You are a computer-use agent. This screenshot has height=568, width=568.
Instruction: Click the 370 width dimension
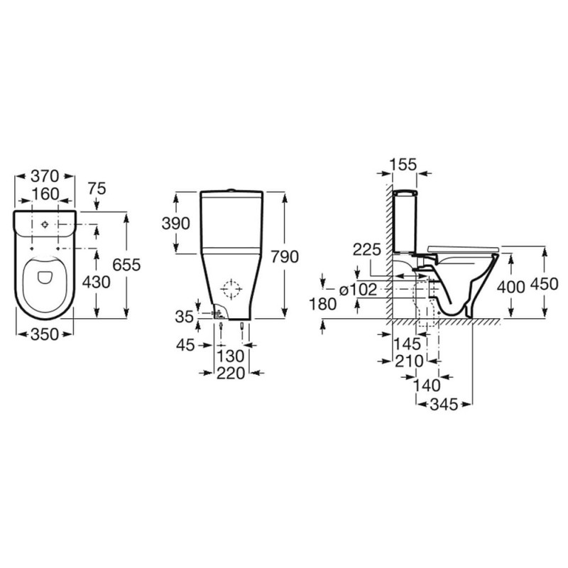pyautogui.click(x=45, y=176)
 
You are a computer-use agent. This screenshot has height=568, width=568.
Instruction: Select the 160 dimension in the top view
pyautogui.click(x=45, y=195)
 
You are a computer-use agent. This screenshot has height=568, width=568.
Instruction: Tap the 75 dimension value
pyautogui.click(x=97, y=189)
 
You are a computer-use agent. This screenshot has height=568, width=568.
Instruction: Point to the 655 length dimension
pyautogui.click(x=126, y=265)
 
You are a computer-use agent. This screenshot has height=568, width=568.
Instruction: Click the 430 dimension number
pyautogui.click(x=96, y=281)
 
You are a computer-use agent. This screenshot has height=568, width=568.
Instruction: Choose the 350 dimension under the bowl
pyautogui.click(x=45, y=334)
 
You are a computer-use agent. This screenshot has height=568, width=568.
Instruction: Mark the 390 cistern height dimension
pyautogui.click(x=175, y=224)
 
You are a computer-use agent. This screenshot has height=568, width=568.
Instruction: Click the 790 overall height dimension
pyautogui.click(x=285, y=257)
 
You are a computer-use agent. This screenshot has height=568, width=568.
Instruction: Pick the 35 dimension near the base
pyautogui.click(x=185, y=317)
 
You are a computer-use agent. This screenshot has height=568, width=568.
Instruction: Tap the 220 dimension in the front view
pyautogui.click(x=231, y=373)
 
